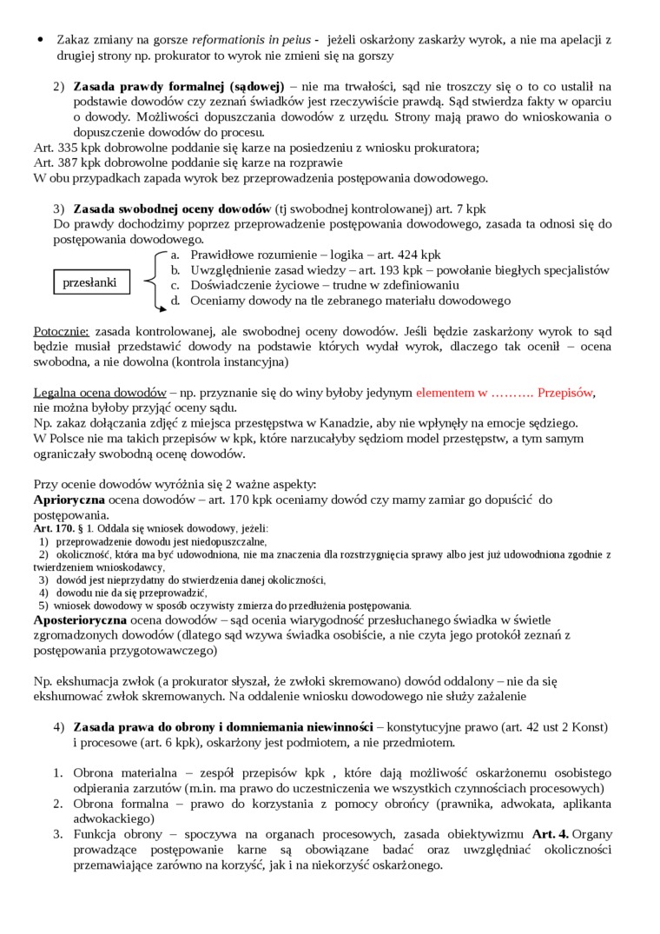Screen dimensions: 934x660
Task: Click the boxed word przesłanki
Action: click(x=89, y=282)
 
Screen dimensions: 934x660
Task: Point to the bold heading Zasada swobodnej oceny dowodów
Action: click(x=172, y=209)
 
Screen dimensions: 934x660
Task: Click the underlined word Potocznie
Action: click(x=61, y=331)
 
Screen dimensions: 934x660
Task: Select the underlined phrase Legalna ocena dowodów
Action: click(x=100, y=392)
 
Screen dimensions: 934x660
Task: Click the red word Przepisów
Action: click(x=564, y=392)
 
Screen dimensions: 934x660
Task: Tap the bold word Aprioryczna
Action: click(x=69, y=500)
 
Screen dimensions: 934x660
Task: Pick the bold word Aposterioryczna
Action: click(x=80, y=619)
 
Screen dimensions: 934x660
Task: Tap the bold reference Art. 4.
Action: click(x=551, y=834)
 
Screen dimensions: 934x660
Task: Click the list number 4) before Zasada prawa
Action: click(x=59, y=725)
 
